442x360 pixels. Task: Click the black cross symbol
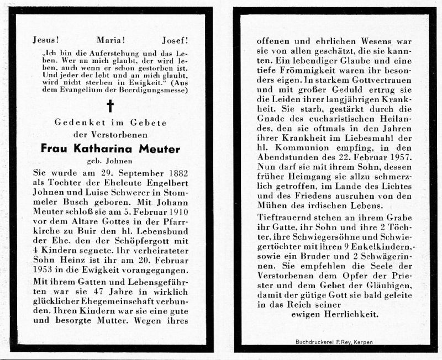click(110, 105)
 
